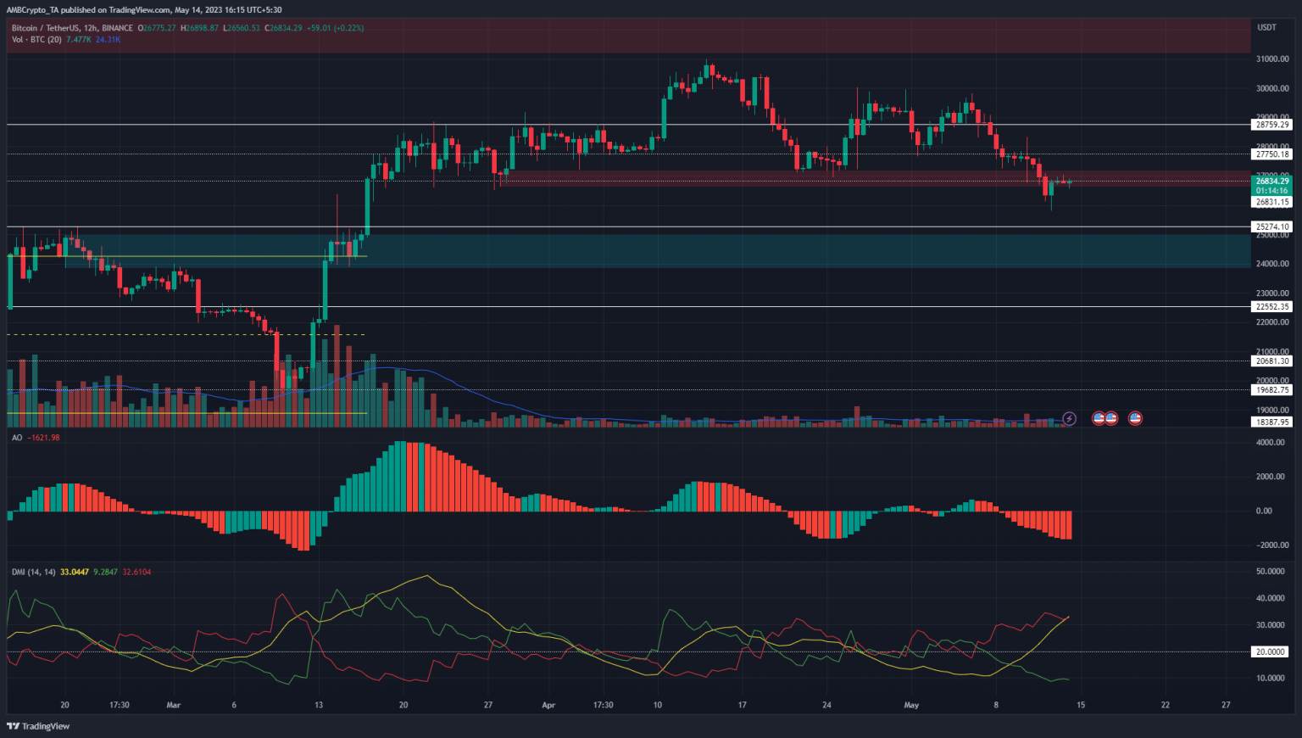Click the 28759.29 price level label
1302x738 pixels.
pyautogui.click(x=1272, y=125)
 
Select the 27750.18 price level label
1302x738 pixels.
pyautogui.click(x=1272, y=154)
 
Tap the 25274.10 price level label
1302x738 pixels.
pyautogui.click(x=1272, y=227)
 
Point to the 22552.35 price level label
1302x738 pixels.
pyautogui.click(x=1272, y=307)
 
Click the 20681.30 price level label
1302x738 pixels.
pyautogui.click(x=1272, y=361)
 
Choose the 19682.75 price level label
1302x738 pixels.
pyautogui.click(x=1272, y=390)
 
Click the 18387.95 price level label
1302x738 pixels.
pyautogui.click(x=1272, y=422)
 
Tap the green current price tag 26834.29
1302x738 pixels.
pyautogui.click(x=1272, y=182)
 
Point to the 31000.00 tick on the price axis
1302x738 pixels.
pyautogui.click(x=1272, y=59)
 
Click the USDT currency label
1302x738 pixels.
pyautogui.click(x=1266, y=28)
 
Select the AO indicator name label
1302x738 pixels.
pyautogui.click(x=17, y=438)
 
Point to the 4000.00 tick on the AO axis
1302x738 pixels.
pyautogui.click(x=1270, y=443)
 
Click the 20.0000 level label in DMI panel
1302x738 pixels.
pyautogui.click(x=1271, y=652)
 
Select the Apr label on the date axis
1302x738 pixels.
pyautogui.click(x=548, y=705)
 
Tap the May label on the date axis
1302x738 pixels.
pyautogui.click(x=911, y=705)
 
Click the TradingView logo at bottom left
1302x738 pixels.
pyautogui.click(x=38, y=726)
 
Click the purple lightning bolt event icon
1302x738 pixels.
pyautogui.click(x=1070, y=418)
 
